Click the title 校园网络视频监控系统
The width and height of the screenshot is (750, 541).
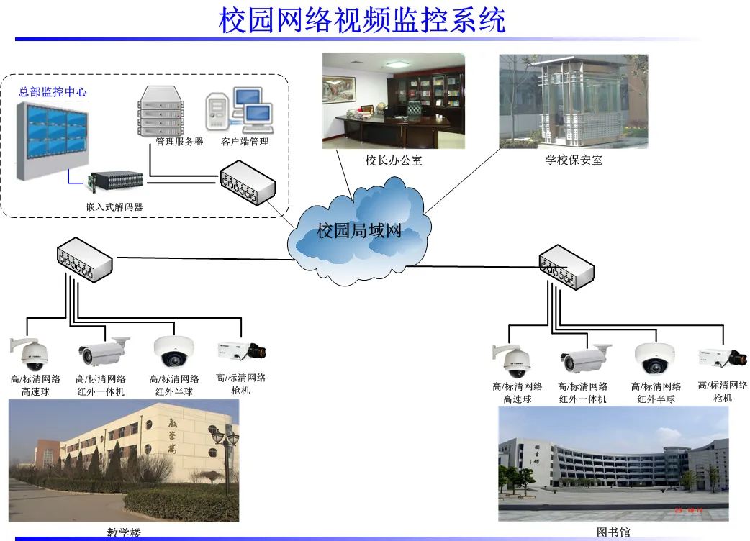pyautogui.click(x=362, y=20)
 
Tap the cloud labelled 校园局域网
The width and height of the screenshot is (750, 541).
pyautogui.click(x=358, y=231)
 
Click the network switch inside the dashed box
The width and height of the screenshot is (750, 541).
pyautogui.click(x=248, y=183)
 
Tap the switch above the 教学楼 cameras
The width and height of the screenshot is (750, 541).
pyautogui.click(x=84, y=259)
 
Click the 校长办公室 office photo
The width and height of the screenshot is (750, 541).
pyautogui.click(x=393, y=101)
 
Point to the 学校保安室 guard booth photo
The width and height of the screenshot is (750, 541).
pyautogui.click(x=573, y=101)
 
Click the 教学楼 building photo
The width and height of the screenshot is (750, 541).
pyautogui.click(x=123, y=461)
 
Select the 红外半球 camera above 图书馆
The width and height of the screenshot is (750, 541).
pyautogui.click(x=654, y=358)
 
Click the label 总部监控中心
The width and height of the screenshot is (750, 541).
pyautogui.click(x=53, y=92)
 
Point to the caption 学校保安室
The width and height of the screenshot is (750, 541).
pyautogui.click(x=574, y=160)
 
